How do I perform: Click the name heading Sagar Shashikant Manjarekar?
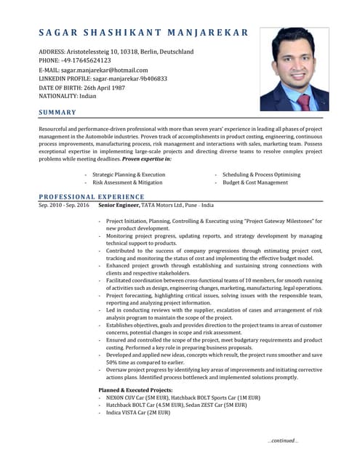click(x=143, y=33)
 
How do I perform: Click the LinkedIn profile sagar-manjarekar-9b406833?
click(x=134, y=78)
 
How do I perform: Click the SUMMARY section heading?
click(x=57, y=112)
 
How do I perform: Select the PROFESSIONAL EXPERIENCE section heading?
click(x=91, y=197)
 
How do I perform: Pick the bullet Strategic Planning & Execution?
click(x=129, y=175)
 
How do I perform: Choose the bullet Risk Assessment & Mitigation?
click(x=127, y=183)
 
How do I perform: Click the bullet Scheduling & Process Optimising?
click(x=261, y=175)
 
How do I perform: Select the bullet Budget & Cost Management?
click(x=255, y=183)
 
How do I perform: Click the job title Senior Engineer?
click(x=120, y=206)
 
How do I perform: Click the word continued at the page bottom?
click(x=283, y=440)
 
